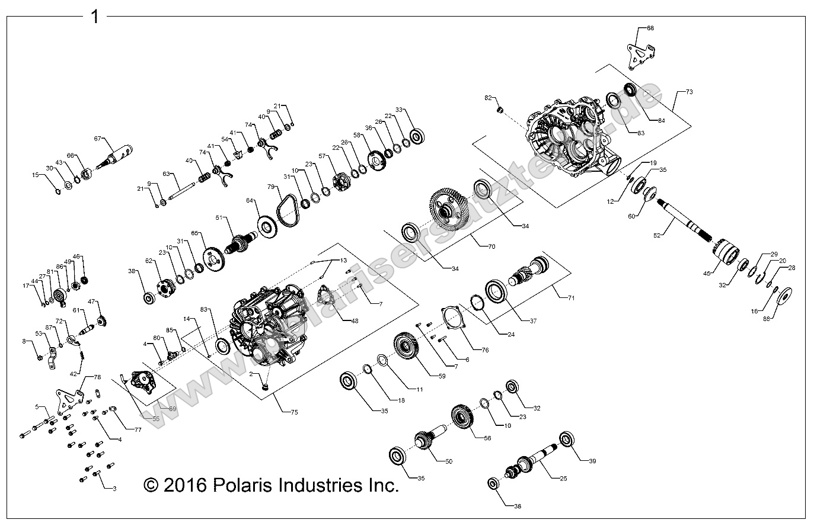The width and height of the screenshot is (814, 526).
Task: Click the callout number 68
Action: pos(650,28)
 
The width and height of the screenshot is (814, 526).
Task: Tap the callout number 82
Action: pos(489,97)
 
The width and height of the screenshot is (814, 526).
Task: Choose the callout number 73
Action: pos(689,92)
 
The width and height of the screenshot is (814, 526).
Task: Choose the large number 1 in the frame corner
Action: pos(94,17)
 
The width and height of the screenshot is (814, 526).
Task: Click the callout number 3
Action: pos(114,488)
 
